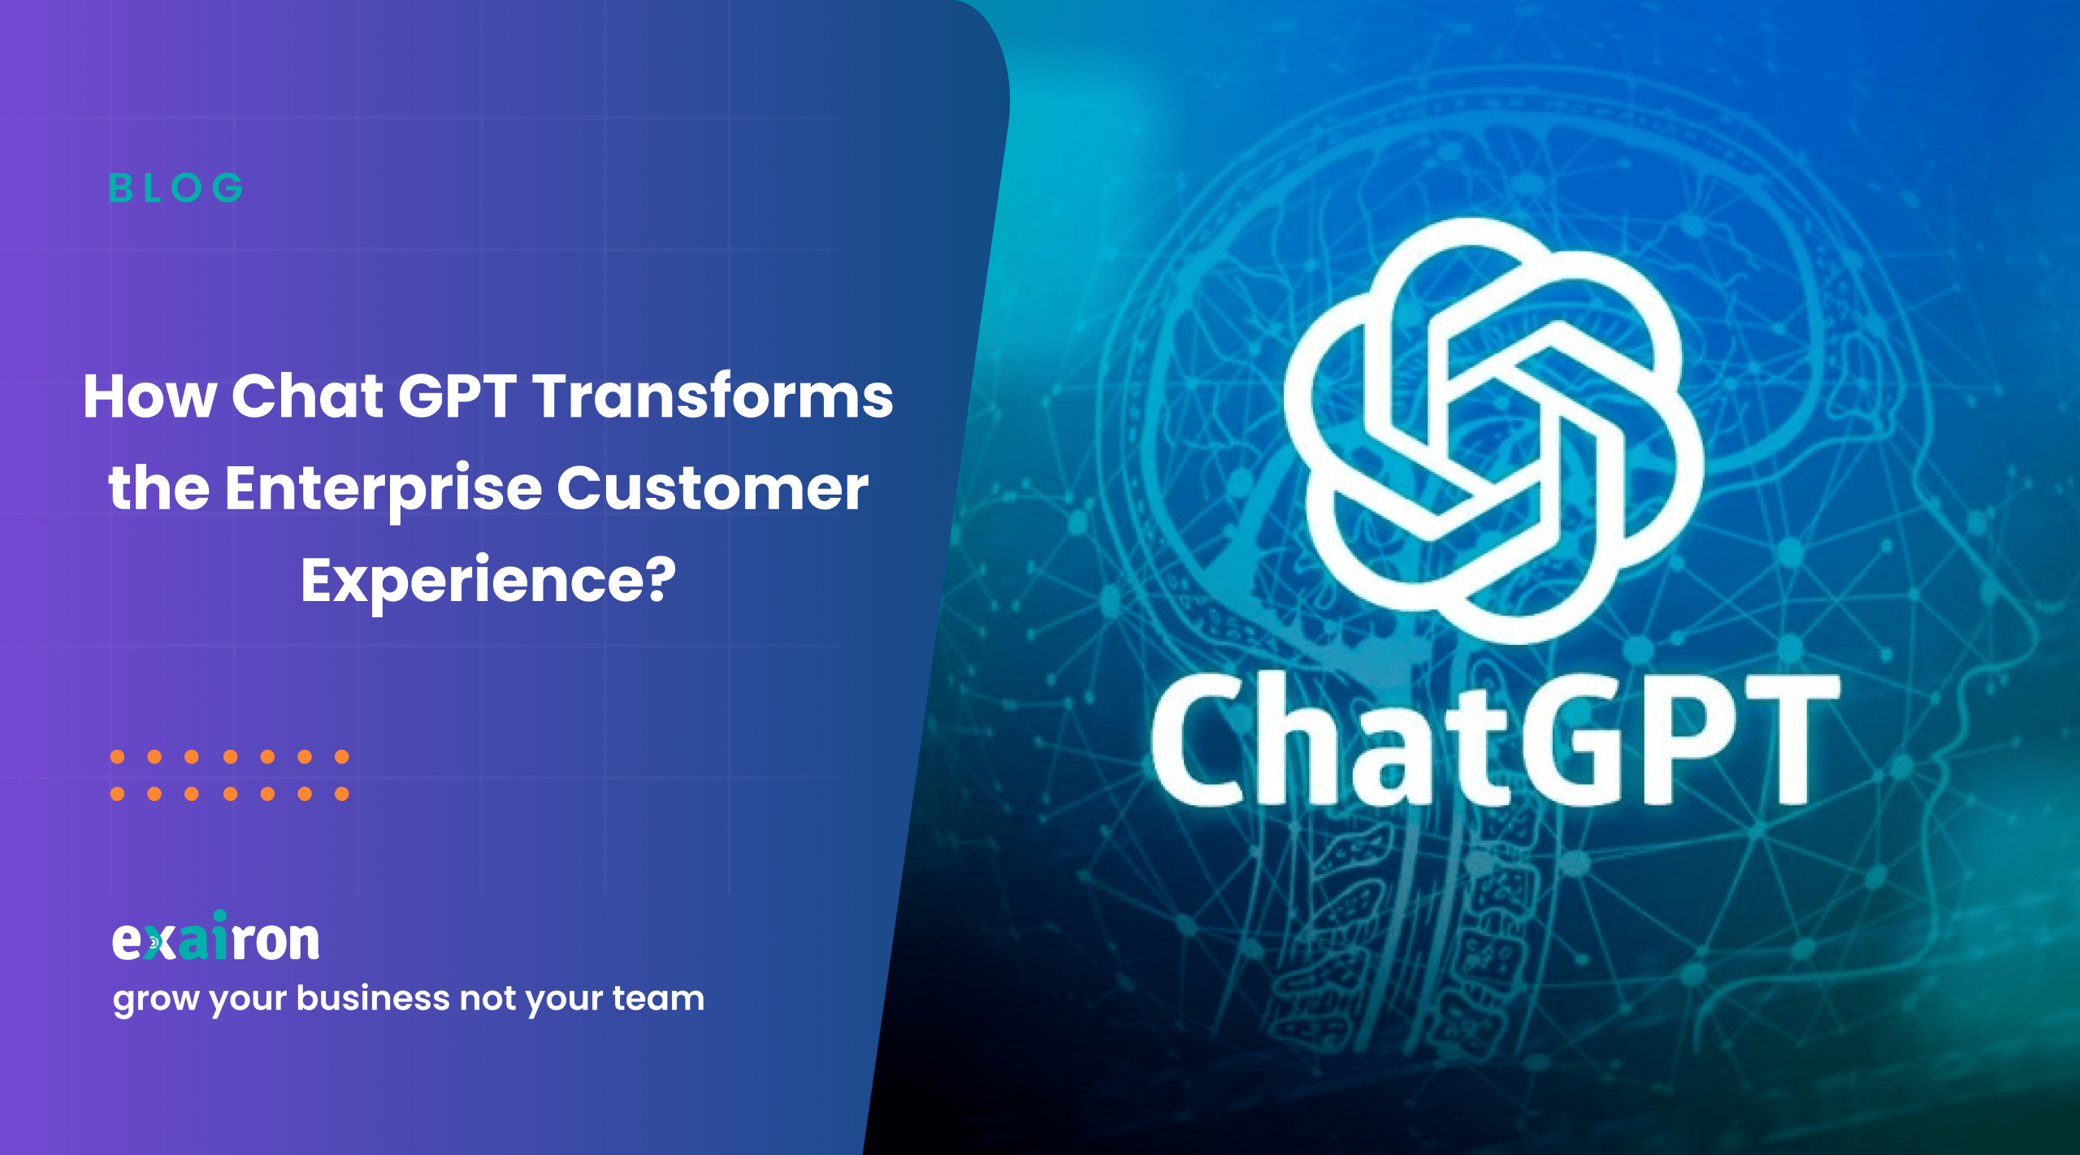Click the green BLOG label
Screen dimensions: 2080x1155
pos(176,188)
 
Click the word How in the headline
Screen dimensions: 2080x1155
pos(150,396)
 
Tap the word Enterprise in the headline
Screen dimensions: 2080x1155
pos(383,490)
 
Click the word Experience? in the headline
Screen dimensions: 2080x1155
pos(488,582)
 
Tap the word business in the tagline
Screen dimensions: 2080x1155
pos(373,997)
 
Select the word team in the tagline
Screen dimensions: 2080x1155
pos(658,999)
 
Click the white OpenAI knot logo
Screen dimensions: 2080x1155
pos(1493,430)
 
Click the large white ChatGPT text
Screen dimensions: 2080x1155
pos(1496,738)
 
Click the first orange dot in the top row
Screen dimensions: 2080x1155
pos(118,757)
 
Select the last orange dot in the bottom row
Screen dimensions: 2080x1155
pos(342,794)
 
